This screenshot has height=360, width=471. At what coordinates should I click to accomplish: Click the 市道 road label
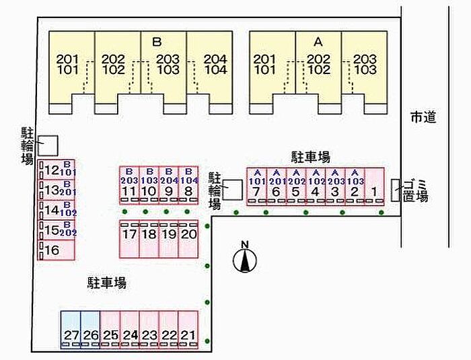423,117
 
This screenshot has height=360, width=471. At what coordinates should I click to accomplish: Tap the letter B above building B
157,42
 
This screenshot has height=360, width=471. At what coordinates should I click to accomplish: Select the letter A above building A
318,42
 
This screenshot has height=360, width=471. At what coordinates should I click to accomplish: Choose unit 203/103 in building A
365,67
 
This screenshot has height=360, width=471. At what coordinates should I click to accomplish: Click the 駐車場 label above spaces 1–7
310,157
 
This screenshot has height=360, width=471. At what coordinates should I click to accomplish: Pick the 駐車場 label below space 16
106,283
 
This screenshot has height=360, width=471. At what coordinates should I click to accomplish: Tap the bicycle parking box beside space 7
233,189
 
